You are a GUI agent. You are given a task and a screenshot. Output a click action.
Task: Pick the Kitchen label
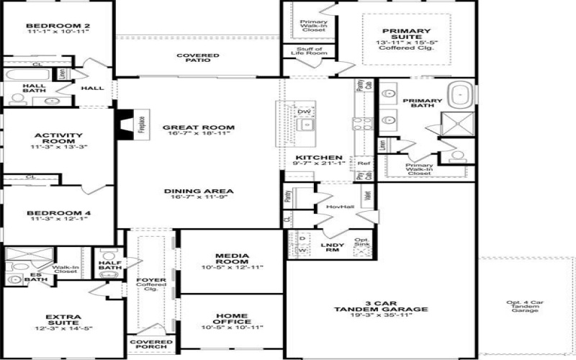(318, 157)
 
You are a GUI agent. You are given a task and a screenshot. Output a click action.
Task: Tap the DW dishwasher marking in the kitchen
(304, 112)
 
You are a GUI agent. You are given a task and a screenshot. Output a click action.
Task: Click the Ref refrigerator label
(364, 163)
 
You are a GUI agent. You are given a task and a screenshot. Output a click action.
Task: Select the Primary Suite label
(406, 32)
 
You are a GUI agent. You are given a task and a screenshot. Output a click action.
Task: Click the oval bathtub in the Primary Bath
(462, 94)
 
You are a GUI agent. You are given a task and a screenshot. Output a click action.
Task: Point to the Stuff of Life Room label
(306, 51)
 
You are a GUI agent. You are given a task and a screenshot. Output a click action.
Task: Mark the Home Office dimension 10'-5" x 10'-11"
(231, 328)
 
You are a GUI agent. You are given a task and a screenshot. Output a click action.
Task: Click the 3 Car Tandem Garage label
(381, 305)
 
